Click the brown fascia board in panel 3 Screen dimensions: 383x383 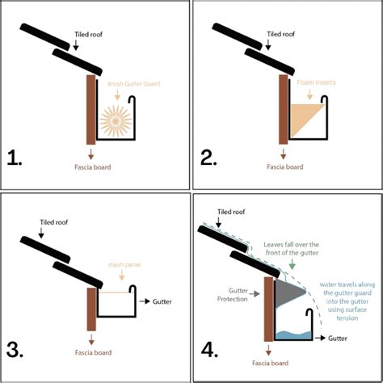click(90, 303)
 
